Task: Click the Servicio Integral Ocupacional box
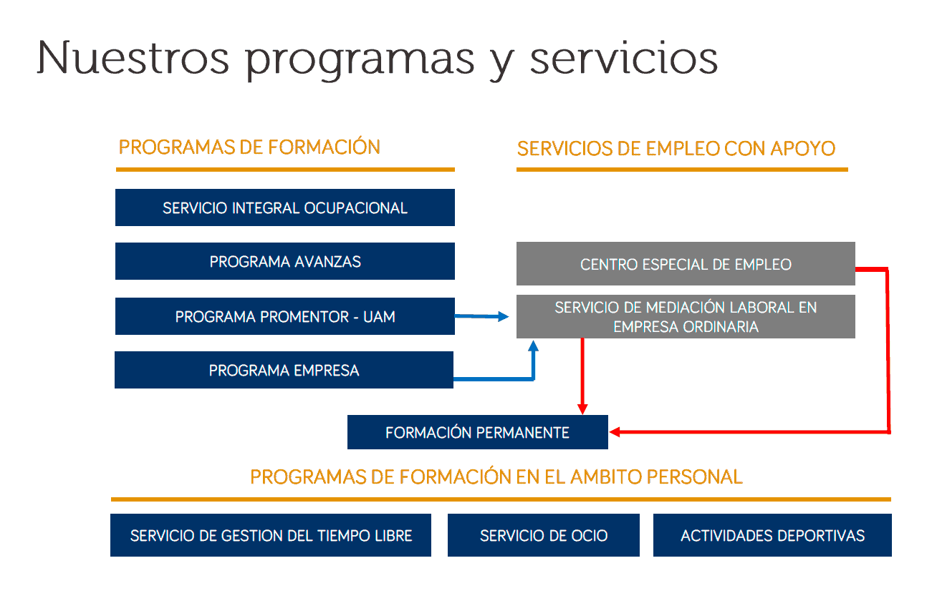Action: point(284,207)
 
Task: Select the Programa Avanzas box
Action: point(284,261)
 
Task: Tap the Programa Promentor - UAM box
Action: point(284,316)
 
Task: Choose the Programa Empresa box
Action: point(284,370)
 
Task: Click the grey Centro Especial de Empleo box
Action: point(686,264)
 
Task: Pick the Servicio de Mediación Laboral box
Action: point(686,317)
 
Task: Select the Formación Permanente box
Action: point(477,432)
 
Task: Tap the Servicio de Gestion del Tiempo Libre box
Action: point(271,535)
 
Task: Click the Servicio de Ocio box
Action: point(543,535)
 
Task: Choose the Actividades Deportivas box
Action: point(772,535)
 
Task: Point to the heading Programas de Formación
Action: point(249,147)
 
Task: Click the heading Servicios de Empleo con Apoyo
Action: point(676,149)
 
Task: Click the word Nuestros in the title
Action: point(133,57)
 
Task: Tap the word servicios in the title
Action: point(623,57)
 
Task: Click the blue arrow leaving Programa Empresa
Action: point(501,378)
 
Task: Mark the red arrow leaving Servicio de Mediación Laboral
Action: point(582,376)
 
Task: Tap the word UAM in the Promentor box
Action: point(379,316)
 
